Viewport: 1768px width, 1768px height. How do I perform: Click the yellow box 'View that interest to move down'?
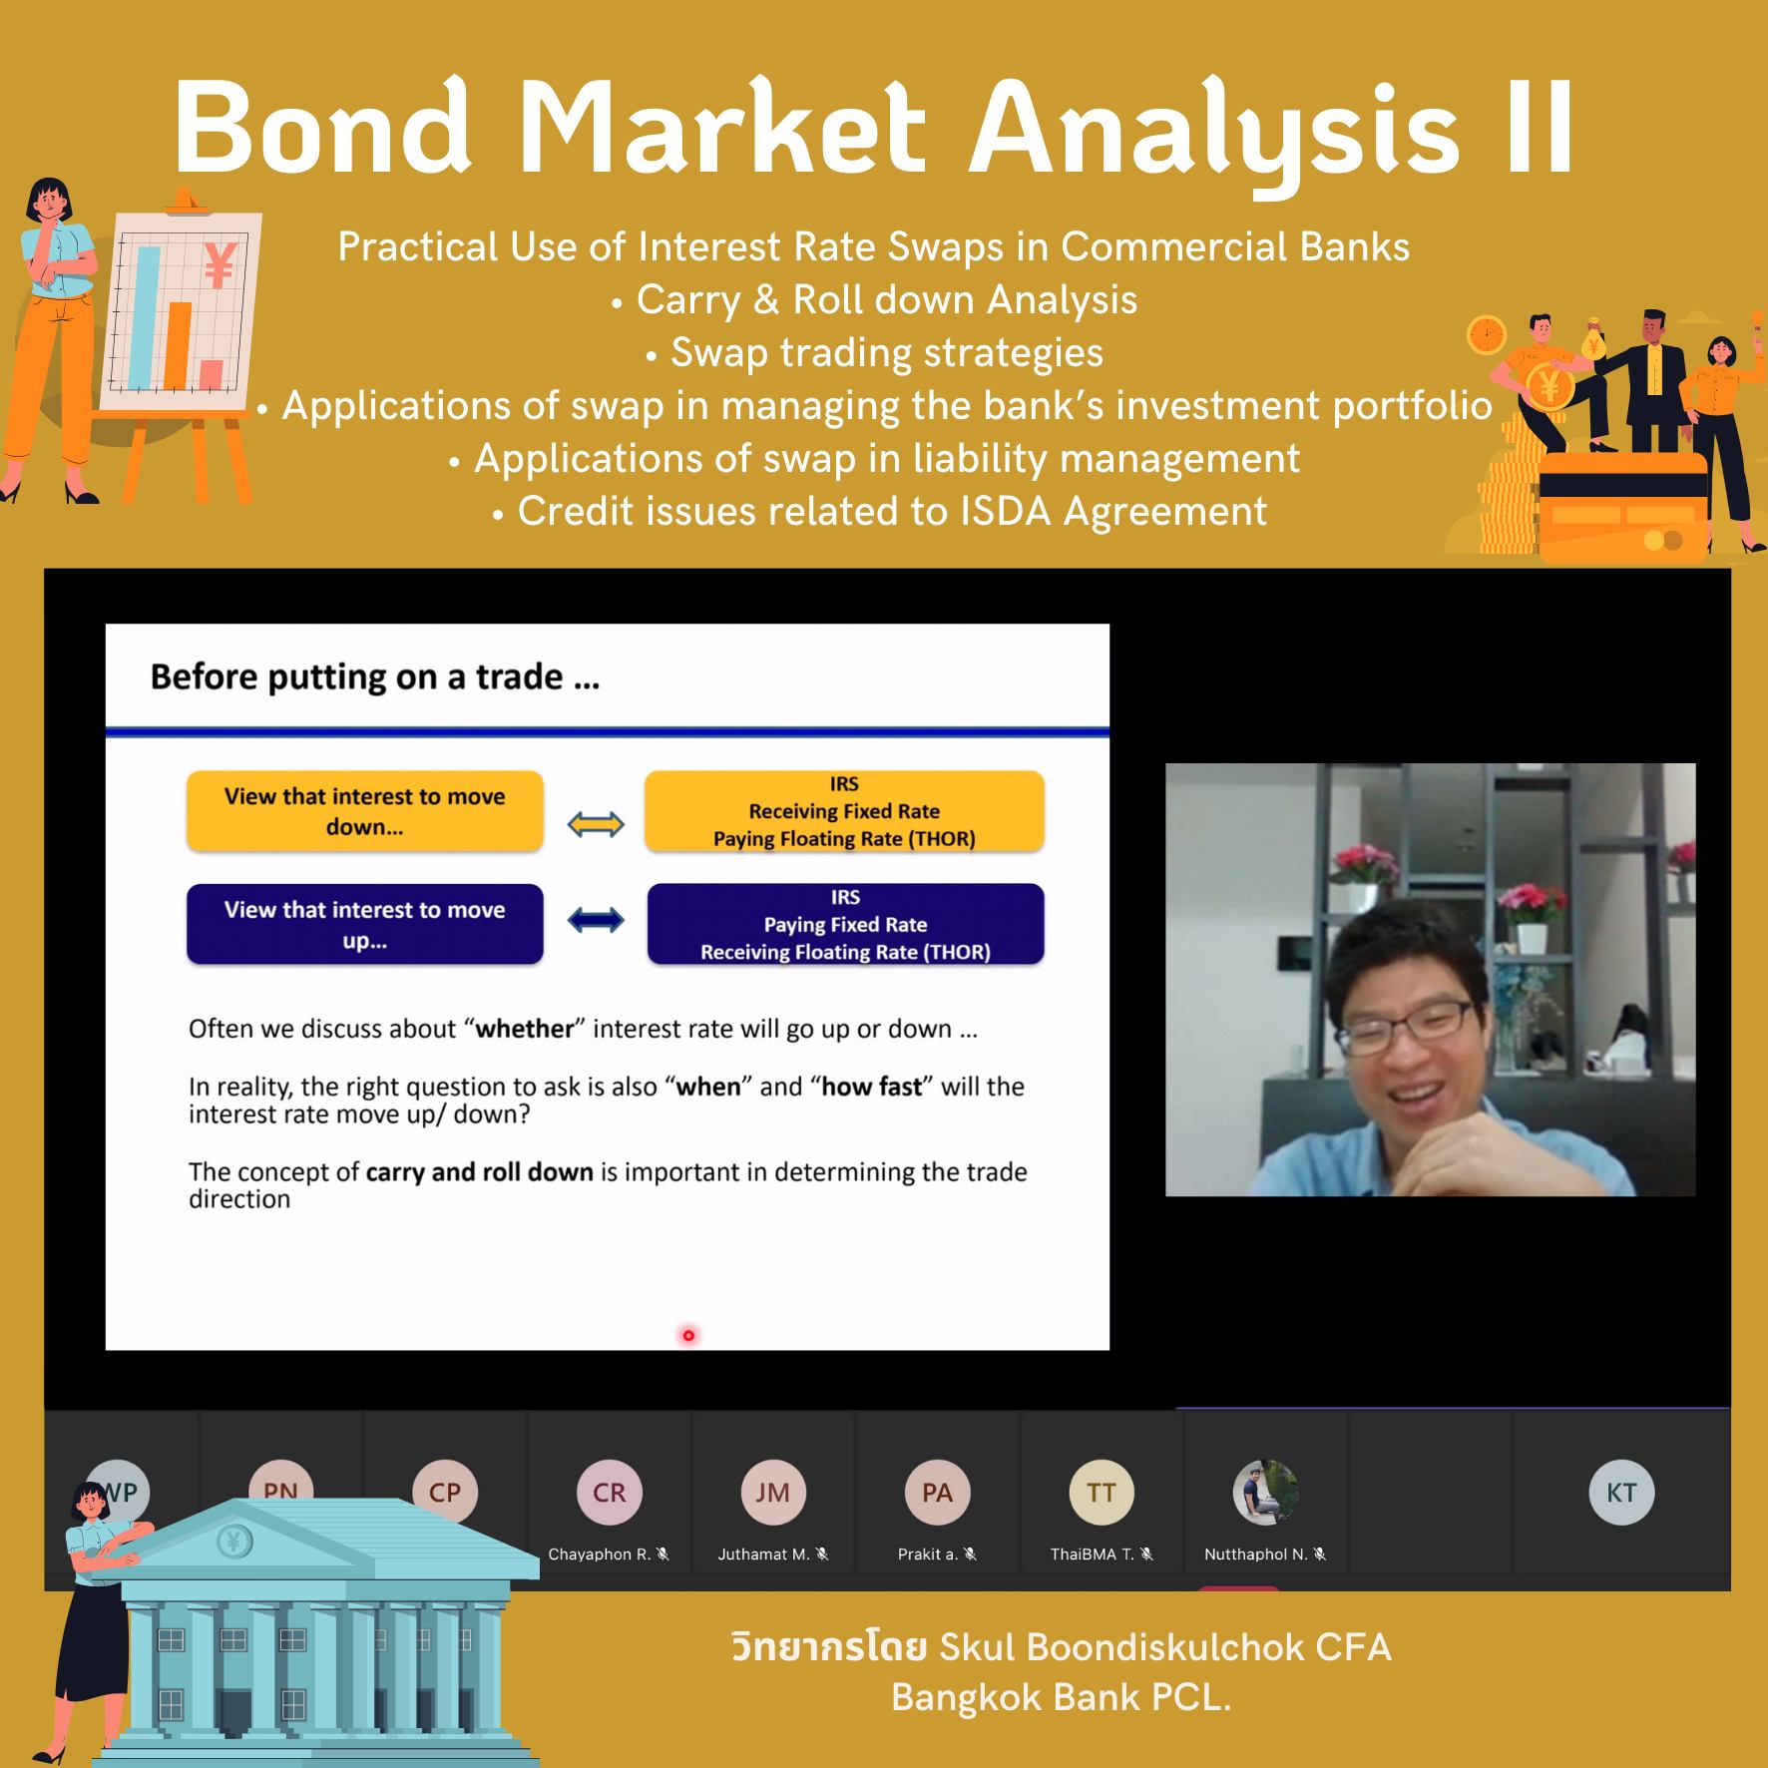(365, 811)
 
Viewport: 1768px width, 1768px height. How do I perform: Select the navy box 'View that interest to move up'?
(365, 924)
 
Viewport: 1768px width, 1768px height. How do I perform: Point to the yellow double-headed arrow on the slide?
(596, 824)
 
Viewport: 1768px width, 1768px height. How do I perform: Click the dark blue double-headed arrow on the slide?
(596, 920)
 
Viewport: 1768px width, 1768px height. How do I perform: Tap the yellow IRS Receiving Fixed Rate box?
(844, 811)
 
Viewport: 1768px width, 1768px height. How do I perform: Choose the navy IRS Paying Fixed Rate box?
(845, 924)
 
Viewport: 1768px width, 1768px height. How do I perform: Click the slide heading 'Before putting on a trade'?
(374, 677)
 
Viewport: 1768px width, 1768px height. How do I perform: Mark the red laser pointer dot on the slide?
(688, 1335)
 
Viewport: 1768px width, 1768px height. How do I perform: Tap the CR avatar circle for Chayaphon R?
(609, 1493)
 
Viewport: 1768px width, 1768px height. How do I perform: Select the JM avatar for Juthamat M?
(773, 1493)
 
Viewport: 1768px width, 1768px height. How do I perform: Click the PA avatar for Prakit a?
(937, 1493)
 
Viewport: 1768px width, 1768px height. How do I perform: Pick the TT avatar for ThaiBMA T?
(1102, 1493)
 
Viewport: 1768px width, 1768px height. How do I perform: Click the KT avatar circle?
(1621, 1493)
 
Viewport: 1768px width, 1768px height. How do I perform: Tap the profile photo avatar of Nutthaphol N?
(1265, 1493)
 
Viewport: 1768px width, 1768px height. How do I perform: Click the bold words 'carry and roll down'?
(480, 1171)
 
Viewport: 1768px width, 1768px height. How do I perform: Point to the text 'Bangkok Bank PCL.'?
(1062, 1697)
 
